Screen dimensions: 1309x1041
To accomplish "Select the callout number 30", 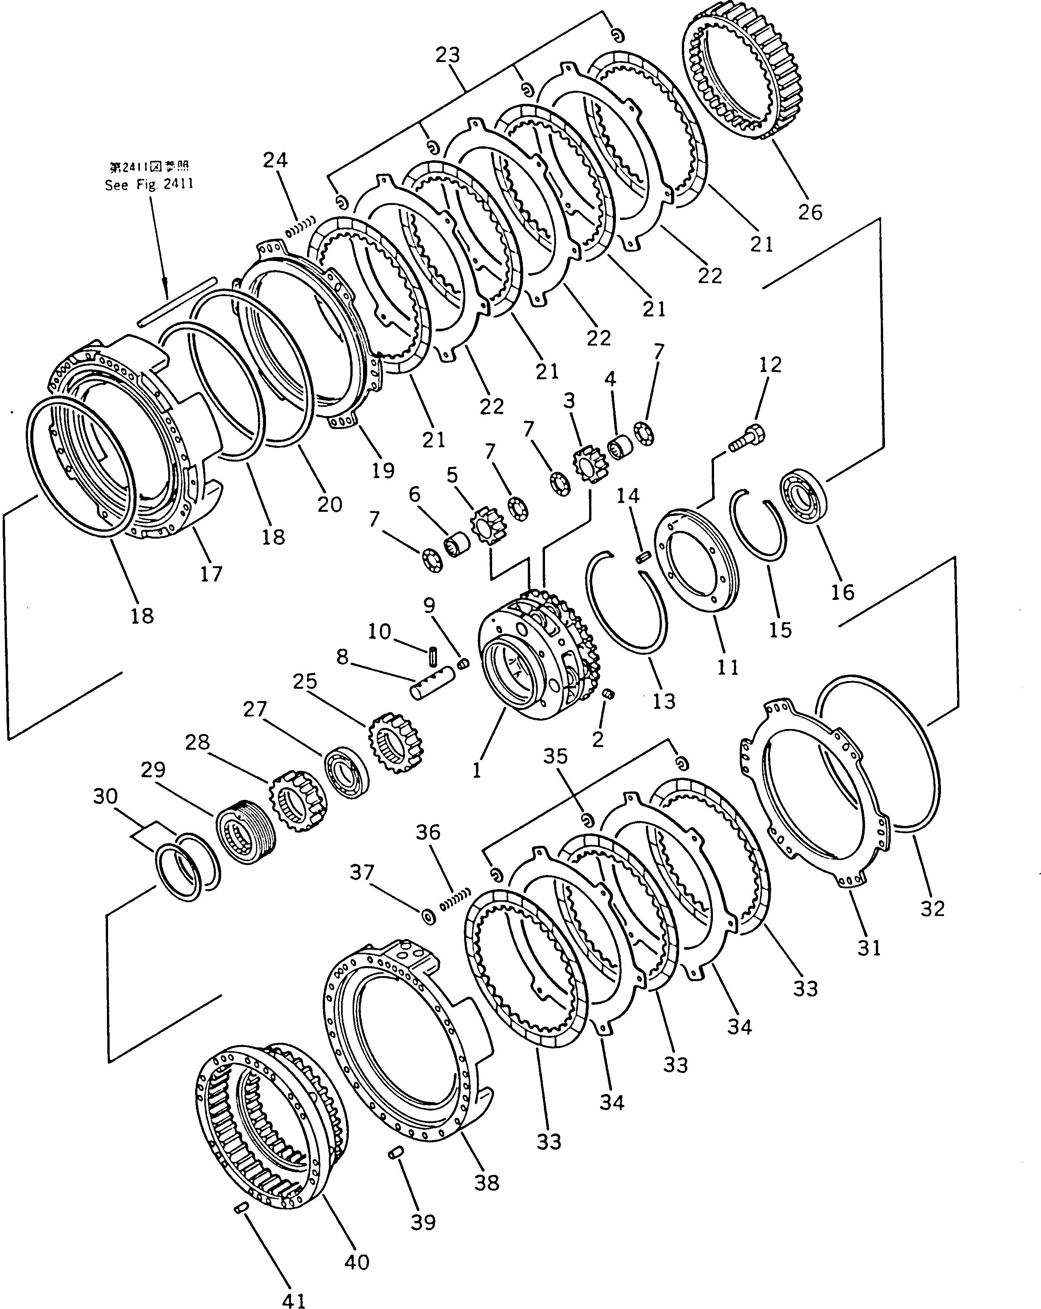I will click(105, 795).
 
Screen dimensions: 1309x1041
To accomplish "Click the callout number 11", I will click(727, 667).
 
